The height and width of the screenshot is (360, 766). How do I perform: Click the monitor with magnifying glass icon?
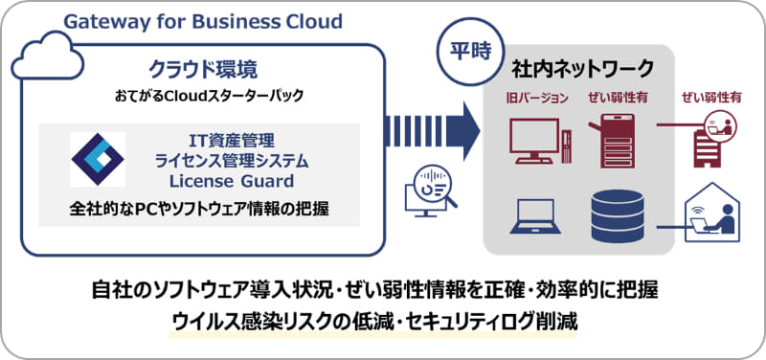(x=427, y=188)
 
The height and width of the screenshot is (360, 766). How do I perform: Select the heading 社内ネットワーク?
(x=582, y=69)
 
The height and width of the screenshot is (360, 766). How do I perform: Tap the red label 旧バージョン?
(x=538, y=98)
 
